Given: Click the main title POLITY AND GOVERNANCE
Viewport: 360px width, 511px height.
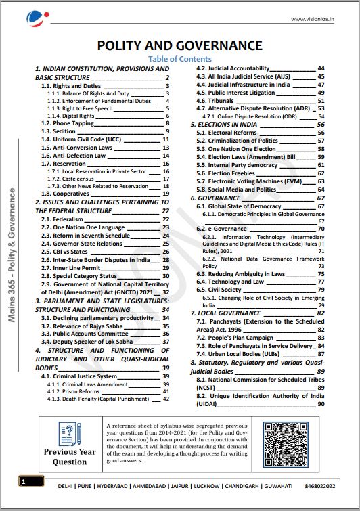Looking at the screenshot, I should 179,45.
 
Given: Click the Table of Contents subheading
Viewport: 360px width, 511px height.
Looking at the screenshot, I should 179,59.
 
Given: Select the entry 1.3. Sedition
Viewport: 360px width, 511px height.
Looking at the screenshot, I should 60,131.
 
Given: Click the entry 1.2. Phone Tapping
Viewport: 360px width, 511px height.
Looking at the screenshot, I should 69,123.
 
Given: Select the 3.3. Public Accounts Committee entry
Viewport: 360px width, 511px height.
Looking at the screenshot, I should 87,334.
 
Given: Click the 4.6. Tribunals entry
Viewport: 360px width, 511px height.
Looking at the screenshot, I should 217,100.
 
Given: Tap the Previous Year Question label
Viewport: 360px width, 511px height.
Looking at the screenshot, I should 70,457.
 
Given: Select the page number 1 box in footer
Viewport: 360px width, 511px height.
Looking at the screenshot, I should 23,482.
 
